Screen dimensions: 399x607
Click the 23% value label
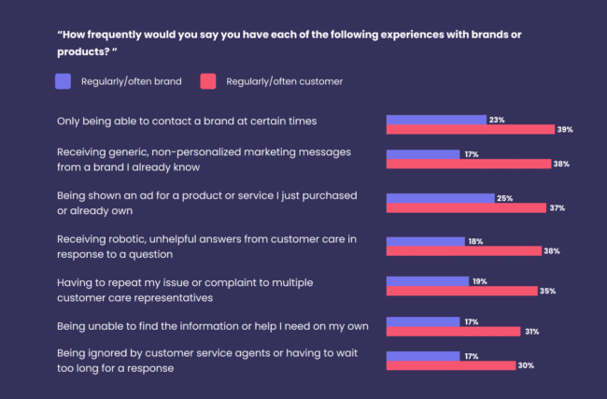(497, 120)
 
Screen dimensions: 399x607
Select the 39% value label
(563, 130)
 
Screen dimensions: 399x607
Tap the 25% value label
(505, 198)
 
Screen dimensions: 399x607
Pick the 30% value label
(526, 365)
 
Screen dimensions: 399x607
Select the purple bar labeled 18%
(425, 241)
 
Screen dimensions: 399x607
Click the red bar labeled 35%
(461, 291)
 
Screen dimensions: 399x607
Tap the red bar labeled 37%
(466, 208)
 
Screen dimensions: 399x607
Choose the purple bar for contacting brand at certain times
(436, 120)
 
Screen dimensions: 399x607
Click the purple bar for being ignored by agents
(423, 355)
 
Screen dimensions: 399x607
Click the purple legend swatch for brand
(64, 81)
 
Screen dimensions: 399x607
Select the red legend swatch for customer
(208, 81)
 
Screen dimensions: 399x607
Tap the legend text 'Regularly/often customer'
(284, 82)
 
